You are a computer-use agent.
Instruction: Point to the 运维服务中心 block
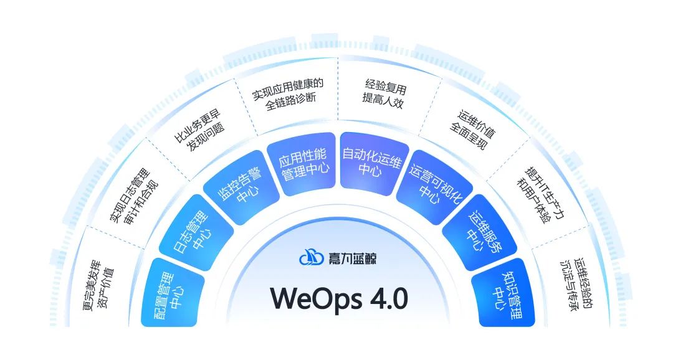tap(478, 234)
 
